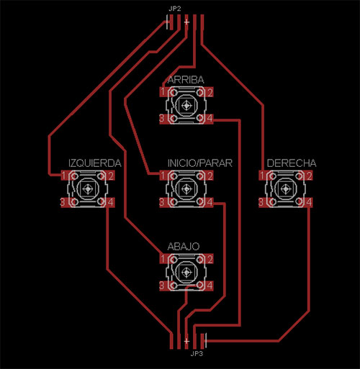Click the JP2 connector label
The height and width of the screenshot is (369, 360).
(174, 9)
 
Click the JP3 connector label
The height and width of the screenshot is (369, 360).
(197, 353)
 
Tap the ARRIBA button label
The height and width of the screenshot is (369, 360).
(186, 80)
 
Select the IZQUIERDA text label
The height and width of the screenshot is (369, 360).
(95, 163)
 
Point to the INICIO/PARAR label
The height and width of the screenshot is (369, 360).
(200, 163)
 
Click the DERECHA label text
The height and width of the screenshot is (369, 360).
(292, 163)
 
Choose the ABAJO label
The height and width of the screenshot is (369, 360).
(184, 247)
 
